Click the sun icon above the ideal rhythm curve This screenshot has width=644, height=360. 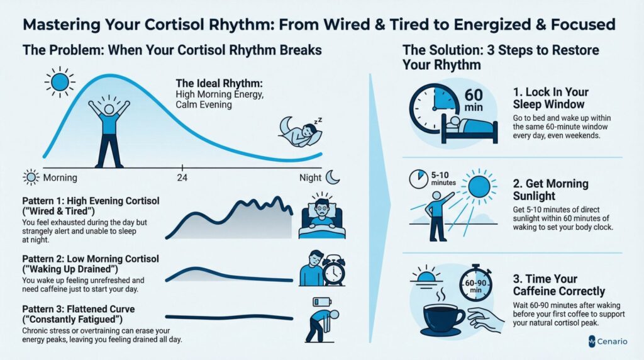(60, 82)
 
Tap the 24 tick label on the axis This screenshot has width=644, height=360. (182, 178)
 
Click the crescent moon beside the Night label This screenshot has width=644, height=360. (333, 177)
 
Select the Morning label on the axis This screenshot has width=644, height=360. (60, 177)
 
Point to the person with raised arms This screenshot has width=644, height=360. (109, 132)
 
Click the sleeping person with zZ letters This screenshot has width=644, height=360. (301, 132)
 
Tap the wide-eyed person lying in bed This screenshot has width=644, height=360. (322, 216)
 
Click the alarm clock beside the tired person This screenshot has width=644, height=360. (333, 271)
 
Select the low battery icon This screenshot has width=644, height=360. (322, 302)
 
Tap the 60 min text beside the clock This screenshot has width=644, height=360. (473, 100)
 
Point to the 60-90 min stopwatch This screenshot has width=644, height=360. (475, 284)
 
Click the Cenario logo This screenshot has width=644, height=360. (608, 341)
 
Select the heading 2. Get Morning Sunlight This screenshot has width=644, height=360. (550, 189)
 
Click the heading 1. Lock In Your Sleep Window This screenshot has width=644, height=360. (550, 98)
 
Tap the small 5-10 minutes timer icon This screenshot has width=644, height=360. (418, 179)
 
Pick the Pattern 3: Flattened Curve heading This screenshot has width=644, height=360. (79, 309)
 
